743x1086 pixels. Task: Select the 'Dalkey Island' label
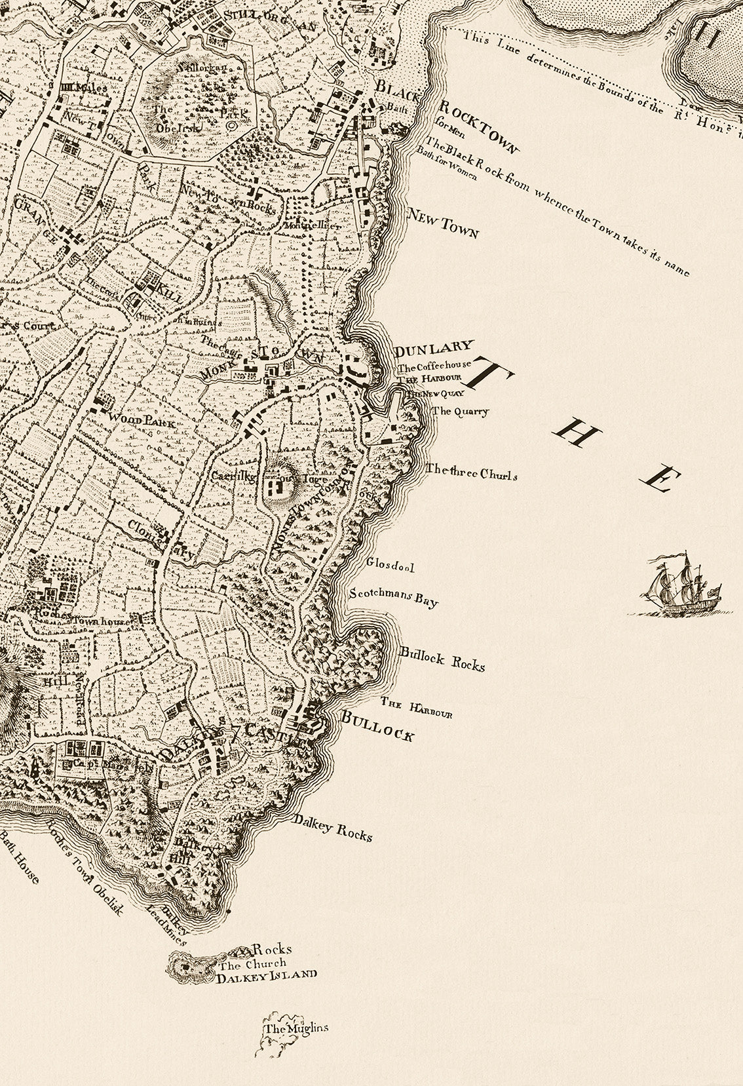tap(268, 974)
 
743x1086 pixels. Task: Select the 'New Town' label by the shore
tap(443, 225)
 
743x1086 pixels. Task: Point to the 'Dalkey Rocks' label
tap(333, 828)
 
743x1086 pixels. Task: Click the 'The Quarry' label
tap(461, 412)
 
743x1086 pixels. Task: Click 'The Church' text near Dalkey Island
tap(252, 963)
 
